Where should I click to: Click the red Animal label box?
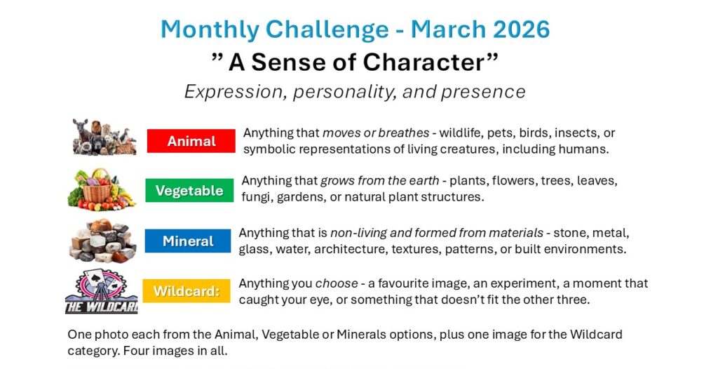point(191,141)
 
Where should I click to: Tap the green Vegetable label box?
point(189,190)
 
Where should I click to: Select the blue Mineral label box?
point(188,241)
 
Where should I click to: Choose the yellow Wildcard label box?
point(187,290)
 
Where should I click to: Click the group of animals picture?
point(104,137)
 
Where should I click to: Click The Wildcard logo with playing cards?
point(101,291)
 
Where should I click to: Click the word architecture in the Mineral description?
point(365,249)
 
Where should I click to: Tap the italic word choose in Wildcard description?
point(337,283)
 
